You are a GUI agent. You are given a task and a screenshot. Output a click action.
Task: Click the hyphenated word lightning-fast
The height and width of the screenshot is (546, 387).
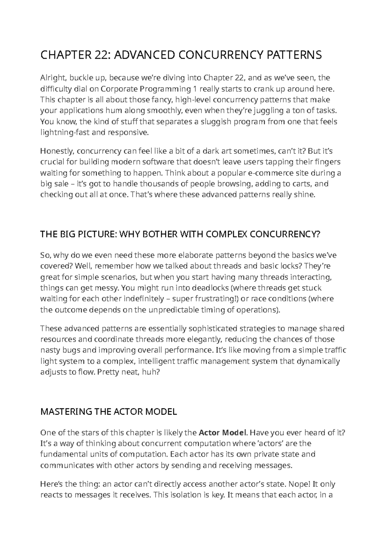64,132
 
